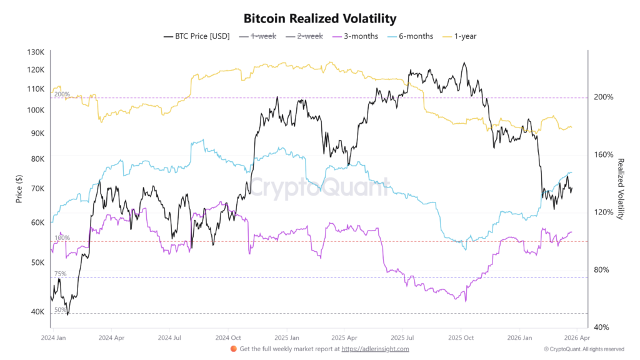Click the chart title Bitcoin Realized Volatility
tap(319, 19)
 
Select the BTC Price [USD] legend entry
tap(197, 36)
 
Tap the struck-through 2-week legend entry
tap(306, 36)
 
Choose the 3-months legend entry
tap(356, 36)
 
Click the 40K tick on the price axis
tap(37, 312)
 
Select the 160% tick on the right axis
tap(604, 154)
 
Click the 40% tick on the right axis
tap(602, 327)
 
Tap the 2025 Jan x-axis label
tap(286, 337)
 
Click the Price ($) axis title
tap(19, 188)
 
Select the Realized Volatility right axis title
tap(621, 189)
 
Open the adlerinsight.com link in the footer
tap(375, 349)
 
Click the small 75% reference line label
tap(61, 274)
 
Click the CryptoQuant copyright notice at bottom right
tap(584, 349)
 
